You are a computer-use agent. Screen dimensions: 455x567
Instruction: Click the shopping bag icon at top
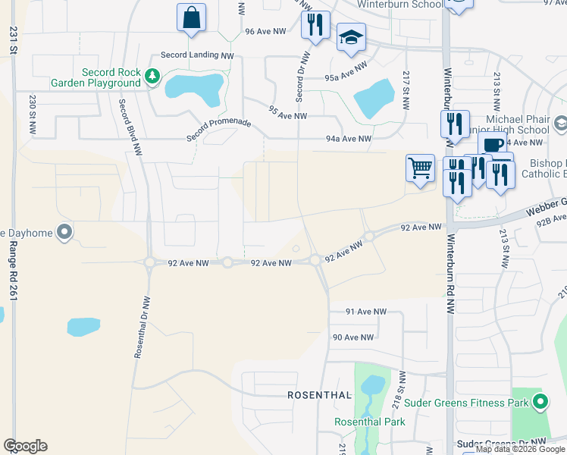191,17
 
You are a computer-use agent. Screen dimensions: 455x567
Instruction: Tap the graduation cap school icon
351,38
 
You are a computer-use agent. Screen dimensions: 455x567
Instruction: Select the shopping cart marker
420,168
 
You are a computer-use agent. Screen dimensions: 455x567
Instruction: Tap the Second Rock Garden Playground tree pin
153,75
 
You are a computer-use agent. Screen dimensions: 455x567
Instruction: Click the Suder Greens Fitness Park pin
540,401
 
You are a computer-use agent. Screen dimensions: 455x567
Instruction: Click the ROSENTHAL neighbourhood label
319,395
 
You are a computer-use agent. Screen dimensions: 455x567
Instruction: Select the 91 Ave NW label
365,312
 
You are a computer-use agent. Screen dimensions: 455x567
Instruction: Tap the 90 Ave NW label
353,337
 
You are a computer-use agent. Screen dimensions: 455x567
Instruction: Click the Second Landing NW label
197,55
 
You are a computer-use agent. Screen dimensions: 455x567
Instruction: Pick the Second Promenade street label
219,130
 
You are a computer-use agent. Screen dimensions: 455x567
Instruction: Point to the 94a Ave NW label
349,139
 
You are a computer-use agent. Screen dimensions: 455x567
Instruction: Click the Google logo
25,446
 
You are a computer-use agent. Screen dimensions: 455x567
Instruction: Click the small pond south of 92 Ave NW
83,327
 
